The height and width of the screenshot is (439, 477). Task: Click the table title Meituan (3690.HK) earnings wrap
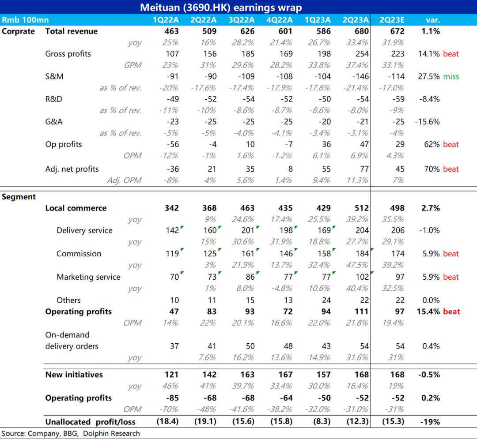pos(221,8)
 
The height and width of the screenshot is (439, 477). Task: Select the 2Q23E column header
pos(392,20)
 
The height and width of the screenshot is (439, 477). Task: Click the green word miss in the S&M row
pos(451,77)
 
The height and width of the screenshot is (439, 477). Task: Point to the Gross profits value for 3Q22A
pos(248,54)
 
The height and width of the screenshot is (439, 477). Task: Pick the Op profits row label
pos(64,145)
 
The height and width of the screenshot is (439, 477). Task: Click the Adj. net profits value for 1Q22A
pos(173,169)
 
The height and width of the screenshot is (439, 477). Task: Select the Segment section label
pos(19,197)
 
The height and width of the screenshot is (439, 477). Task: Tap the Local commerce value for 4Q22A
pos(285,208)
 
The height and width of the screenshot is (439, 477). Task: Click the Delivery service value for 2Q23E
pos(398,231)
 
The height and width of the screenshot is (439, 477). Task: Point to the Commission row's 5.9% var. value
pos(431,254)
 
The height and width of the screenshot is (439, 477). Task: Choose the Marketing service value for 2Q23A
pos(362,277)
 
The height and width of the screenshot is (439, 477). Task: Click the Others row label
pos(68,300)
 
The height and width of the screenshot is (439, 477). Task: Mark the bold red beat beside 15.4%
pos(451,311)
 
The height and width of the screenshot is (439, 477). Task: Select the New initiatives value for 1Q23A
pos(323,375)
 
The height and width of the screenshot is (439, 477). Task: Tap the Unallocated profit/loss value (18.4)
pos(167,422)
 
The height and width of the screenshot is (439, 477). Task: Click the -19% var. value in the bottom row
pos(430,422)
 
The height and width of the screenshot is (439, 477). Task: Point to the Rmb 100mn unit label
pos(25,20)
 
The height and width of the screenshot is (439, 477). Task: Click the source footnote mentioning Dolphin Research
pos(71,434)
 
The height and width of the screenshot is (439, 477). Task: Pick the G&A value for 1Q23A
pos(325,122)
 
